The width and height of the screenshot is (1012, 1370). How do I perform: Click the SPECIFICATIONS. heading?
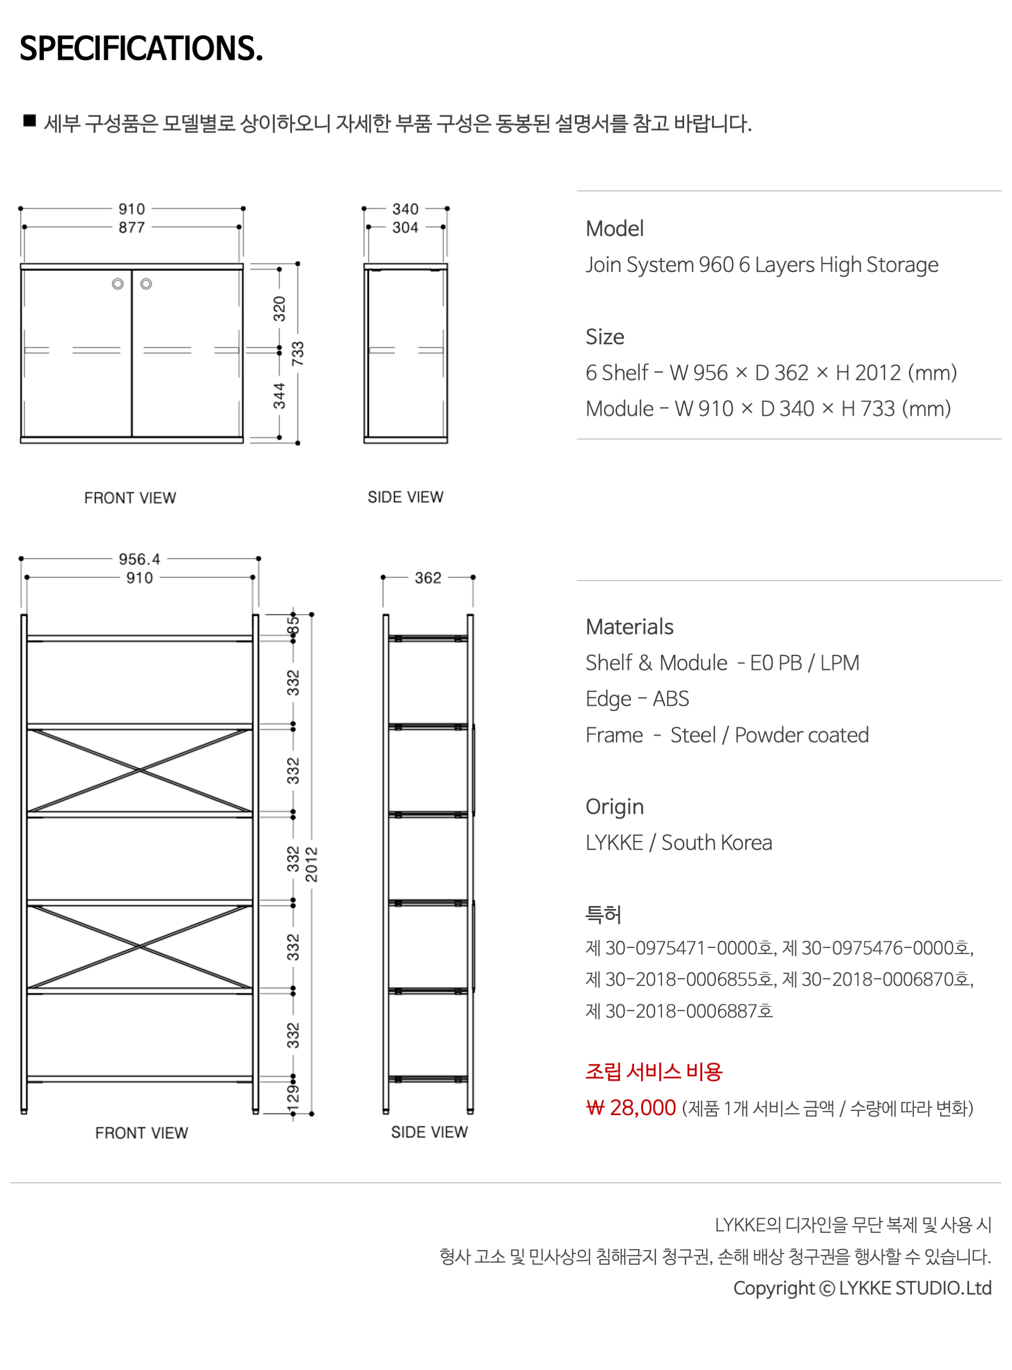[x=141, y=49]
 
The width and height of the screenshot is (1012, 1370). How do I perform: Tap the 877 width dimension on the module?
[x=132, y=227]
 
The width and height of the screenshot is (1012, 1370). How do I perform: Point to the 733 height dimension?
[x=298, y=354]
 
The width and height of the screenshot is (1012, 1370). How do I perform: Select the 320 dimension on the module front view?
[x=279, y=309]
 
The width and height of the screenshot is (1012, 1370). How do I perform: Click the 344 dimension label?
[x=279, y=396]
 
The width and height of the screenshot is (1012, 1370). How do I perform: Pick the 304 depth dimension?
[x=405, y=227]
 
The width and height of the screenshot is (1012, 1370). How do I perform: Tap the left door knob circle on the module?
[x=117, y=284]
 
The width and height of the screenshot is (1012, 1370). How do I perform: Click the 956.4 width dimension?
[x=140, y=559]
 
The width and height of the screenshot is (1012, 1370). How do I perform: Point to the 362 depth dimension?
[x=428, y=578]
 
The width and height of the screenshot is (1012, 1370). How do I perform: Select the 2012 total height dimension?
[x=312, y=864]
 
